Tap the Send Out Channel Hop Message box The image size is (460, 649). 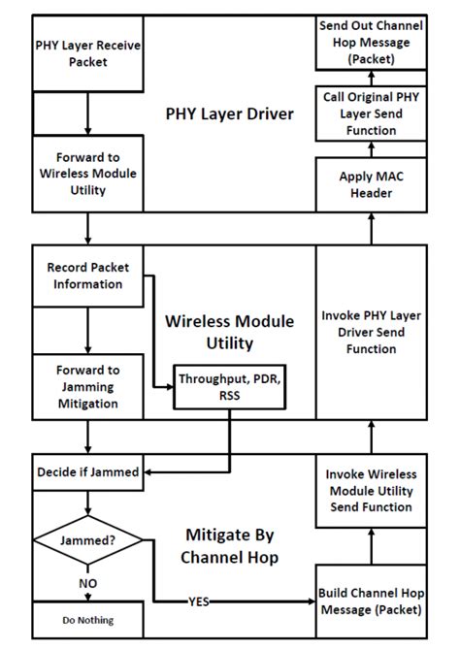click(x=370, y=44)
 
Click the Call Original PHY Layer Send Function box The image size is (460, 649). click(x=370, y=114)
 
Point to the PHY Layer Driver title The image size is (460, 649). click(x=229, y=114)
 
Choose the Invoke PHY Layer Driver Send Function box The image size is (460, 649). click(x=370, y=334)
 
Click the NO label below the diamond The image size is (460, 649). click(x=87, y=585)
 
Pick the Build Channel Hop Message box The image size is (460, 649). click(x=370, y=601)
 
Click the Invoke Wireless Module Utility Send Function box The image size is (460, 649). click(x=370, y=490)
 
